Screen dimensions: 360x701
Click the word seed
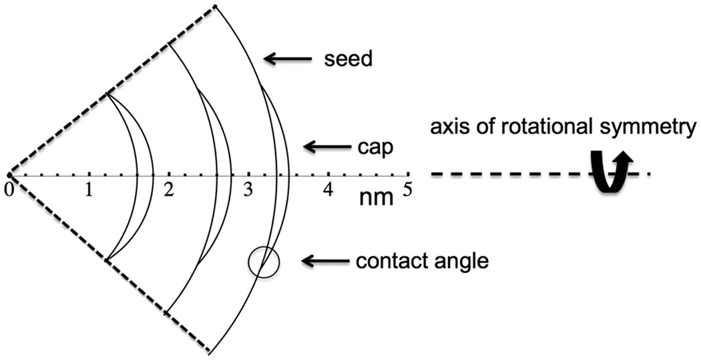pos(348,59)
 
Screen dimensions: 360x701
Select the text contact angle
pos(423,260)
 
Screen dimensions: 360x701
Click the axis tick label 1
pos(88,190)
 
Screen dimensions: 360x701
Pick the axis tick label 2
pos(169,190)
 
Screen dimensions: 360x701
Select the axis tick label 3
pos(248,190)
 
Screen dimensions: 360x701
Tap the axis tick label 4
pos(328,190)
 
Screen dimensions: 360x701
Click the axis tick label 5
pos(407,190)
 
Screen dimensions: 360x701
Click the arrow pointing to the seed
pos(288,59)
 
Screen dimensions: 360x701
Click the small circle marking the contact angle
pos(263,262)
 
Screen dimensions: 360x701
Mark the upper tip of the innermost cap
pos(106,94)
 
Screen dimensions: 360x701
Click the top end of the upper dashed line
pos(215,7)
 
